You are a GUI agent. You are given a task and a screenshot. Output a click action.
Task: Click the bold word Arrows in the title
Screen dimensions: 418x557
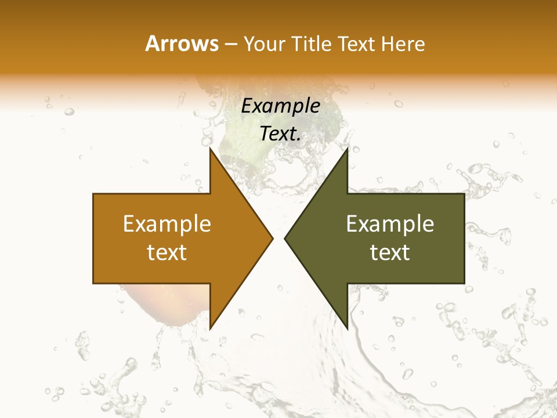point(182,44)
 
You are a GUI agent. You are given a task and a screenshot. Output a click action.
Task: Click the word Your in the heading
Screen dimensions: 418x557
point(265,44)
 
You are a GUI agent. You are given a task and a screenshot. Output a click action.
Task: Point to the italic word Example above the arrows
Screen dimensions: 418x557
point(280,106)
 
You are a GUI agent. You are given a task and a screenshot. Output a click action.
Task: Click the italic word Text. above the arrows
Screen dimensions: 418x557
point(280,134)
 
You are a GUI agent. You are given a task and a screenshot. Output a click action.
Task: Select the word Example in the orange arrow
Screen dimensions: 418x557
point(167,224)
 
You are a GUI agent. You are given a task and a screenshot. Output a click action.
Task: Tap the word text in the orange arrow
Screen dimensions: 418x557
point(167,252)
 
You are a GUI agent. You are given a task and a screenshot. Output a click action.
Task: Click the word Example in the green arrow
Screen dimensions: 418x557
point(390,224)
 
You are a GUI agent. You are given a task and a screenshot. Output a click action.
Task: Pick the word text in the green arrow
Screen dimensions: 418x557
point(390,252)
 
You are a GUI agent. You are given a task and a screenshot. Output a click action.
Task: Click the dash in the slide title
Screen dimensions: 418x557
point(230,44)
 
